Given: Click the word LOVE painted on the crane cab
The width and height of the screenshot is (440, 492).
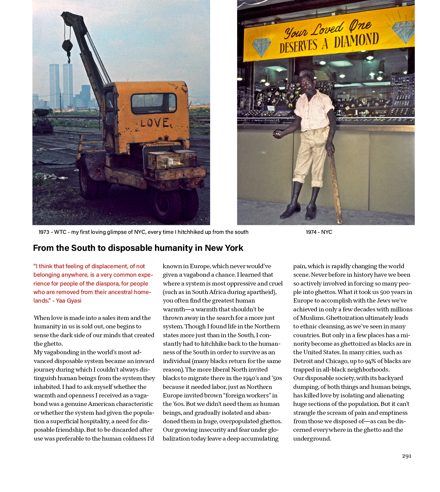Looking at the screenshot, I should [x=155, y=123].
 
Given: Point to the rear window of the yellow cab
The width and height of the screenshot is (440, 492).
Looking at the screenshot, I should [x=154, y=103].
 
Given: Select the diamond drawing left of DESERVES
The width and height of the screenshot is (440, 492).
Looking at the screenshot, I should [x=262, y=47].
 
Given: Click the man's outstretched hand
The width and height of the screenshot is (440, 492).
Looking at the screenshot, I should [x=277, y=133].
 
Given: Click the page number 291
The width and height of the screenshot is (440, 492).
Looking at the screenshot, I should [x=407, y=456].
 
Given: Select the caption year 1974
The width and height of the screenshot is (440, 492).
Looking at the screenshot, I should [x=311, y=232].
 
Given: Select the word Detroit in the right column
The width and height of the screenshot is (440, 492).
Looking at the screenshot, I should [x=303, y=361].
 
